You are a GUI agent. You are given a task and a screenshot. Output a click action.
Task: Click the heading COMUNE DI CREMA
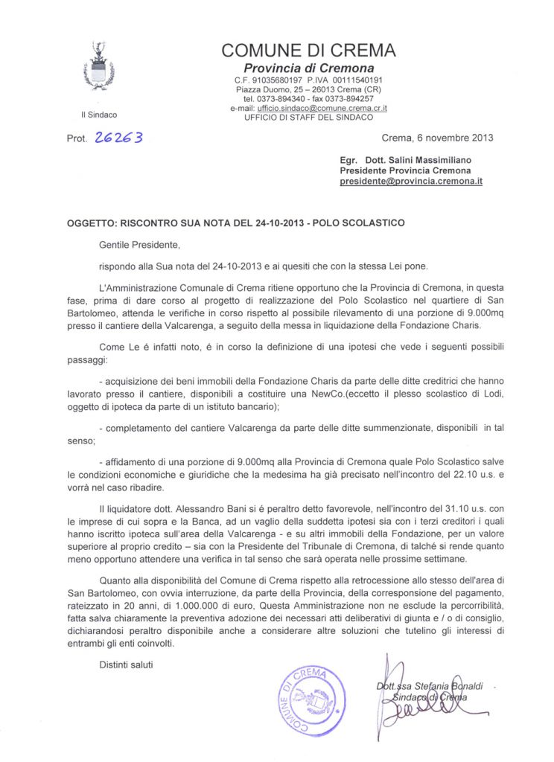(308, 51)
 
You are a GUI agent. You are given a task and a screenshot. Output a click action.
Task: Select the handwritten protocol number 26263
(118, 138)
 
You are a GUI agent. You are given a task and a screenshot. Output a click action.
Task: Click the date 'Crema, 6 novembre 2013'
(437, 138)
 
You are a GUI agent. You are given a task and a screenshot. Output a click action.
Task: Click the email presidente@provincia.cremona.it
(410, 181)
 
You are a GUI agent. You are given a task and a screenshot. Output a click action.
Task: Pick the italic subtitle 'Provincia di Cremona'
(309, 68)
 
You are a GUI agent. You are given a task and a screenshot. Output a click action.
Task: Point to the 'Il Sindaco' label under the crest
(98, 115)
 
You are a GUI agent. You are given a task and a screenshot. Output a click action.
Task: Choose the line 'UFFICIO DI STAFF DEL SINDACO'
(308, 118)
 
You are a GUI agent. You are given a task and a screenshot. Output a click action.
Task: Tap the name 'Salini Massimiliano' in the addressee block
(429, 160)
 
